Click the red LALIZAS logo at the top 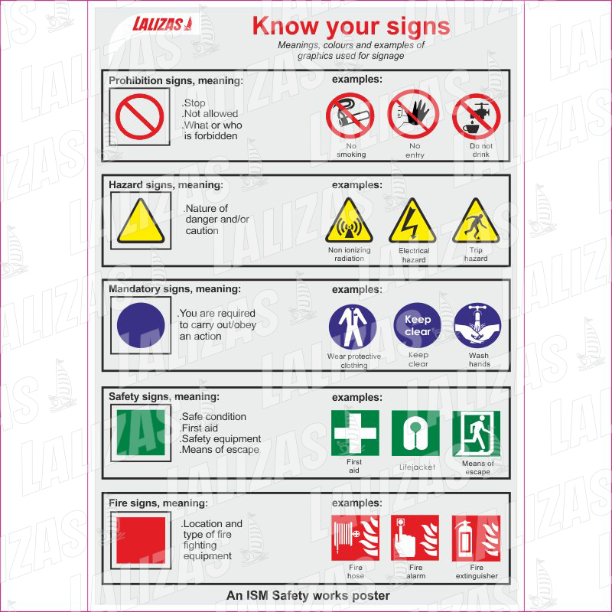(x=162, y=24)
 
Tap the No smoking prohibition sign (x=350, y=116)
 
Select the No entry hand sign (x=413, y=114)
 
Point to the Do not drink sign (x=476, y=116)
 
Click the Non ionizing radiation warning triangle (x=349, y=221)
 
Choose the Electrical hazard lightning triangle (x=412, y=221)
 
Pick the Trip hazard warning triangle (x=476, y=221)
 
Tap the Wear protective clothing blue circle (x=353, y=327)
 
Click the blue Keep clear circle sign (x=417, y=325)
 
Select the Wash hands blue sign (x=477, y=326)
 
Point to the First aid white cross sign (x=355, y=433)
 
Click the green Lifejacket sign (x=415, y=433)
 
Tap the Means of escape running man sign (x=476, y=433)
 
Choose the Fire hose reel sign (x=355, y=538)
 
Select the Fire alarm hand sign (x=415, y=538)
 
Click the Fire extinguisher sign (x=476, y=539)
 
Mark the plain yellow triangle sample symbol (x=141, y=221)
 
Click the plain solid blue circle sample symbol (x=141, y=325)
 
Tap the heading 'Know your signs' (x=351, y=27)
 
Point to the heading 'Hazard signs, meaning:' (x=166, y=184)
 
